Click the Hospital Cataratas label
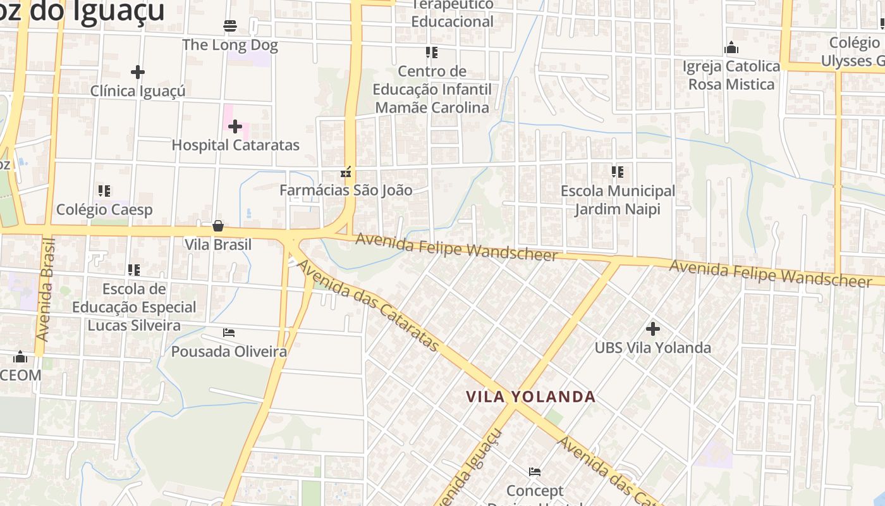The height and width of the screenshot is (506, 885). [x=235, y=145]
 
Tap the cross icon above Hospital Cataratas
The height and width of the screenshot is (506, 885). [x=235, y=126]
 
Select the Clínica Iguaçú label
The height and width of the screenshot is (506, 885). [x=138, y=91]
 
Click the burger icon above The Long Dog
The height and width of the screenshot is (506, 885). [x=230, y=26]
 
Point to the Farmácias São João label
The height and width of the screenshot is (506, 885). [x=346, y=190]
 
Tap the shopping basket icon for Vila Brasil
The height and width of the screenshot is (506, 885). [x=218, y=226]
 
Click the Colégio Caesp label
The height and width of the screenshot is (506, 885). [x=104, y=209]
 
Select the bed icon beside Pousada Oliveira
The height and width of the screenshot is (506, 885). [x=229, y=333]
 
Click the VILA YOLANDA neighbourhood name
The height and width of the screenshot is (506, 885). [x=531, y=397]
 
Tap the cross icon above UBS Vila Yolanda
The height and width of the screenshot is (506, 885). [x=653, y=329]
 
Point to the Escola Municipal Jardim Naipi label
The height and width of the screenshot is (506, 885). [x=618, y=199]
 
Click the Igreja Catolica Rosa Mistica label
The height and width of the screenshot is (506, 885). [x=731, y=75]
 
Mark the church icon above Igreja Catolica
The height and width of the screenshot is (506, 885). [x=731, y=48]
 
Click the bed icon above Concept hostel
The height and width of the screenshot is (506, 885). [x=535, y=472]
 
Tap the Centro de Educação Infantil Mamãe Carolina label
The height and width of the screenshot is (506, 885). [x=432, y=89]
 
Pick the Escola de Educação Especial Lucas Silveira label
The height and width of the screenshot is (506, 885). [x=134, y=307]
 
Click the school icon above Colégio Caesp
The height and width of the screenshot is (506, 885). [x=104, y=190]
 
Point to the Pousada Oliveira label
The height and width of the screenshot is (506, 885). [x=229, y=352]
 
